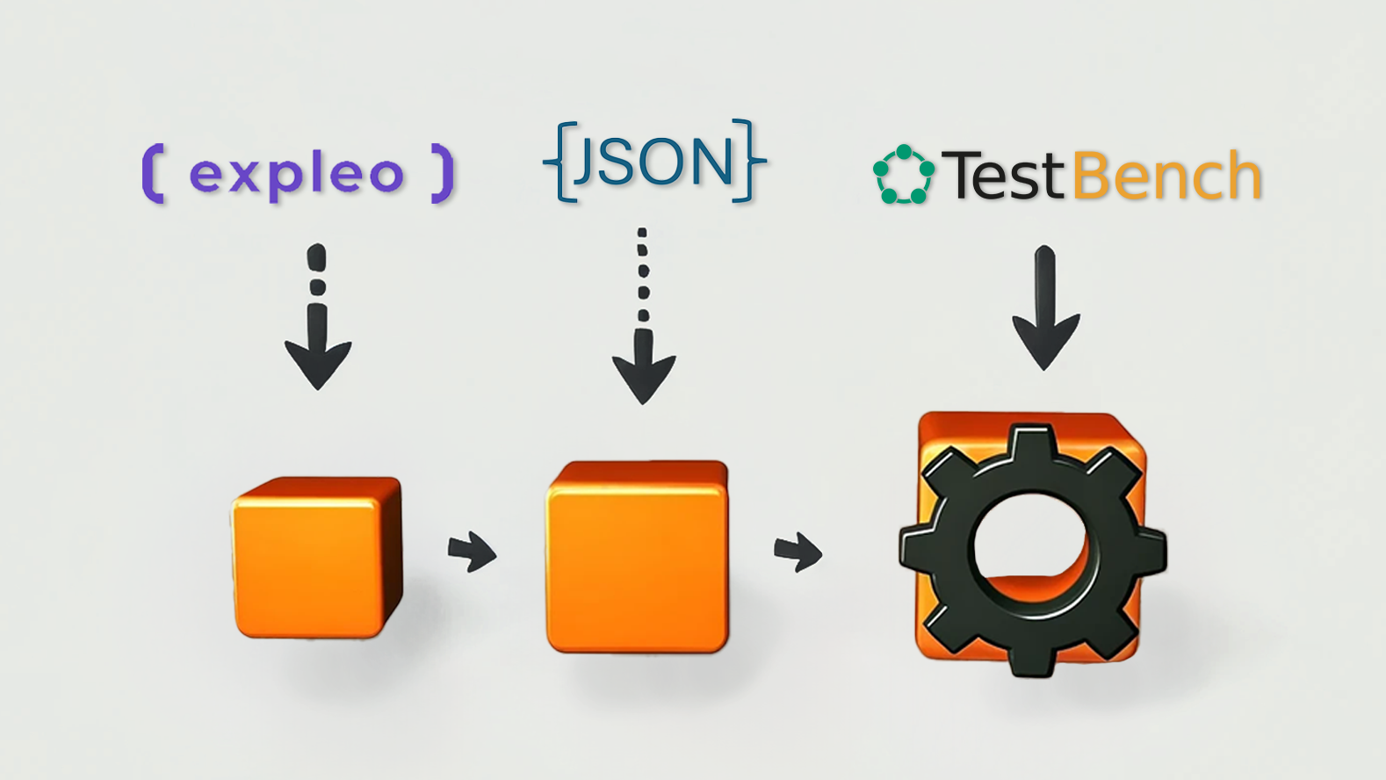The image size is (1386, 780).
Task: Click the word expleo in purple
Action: [x=297, y=177]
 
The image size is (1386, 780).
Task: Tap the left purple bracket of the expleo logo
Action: [x=153, y=173]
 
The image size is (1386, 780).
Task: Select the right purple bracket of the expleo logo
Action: [x=443, y=173]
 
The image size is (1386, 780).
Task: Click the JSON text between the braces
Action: [x=654, y=162]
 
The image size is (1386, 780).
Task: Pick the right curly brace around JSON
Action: [x=749, y=161]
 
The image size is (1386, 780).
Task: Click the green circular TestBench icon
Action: [x=904, y=175]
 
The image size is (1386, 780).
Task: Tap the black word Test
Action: [x=1006, y=176]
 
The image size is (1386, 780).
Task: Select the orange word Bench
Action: [x=1166, y=175]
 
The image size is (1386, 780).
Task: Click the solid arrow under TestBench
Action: [x=1046, y=308]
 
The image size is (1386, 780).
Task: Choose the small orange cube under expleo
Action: [x=317, y=557]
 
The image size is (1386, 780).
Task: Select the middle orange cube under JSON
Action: [x=638, y=557]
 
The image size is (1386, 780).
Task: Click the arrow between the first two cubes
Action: [x=473, y=551]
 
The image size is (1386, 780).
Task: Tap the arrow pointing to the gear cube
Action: [x=798, y=552]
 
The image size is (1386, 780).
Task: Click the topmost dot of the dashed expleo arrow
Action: [x=316, y=257]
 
